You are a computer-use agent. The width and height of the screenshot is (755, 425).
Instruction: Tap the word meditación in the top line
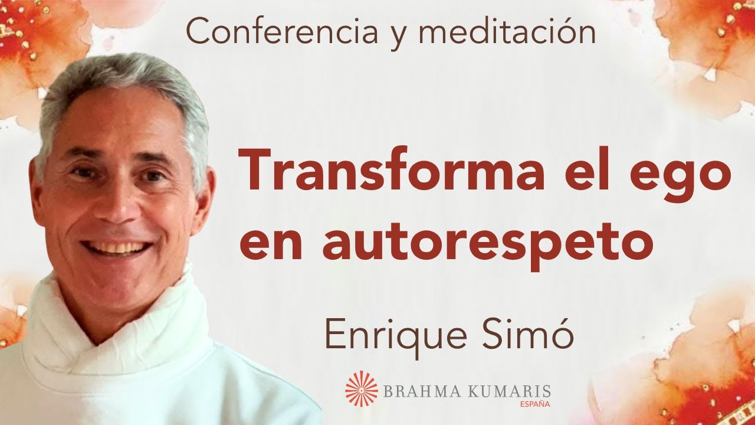pyautogui.click(x=507, y=32)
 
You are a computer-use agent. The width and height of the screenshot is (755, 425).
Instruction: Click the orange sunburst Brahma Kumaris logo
pyautogui.click(x=361, y=388)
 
